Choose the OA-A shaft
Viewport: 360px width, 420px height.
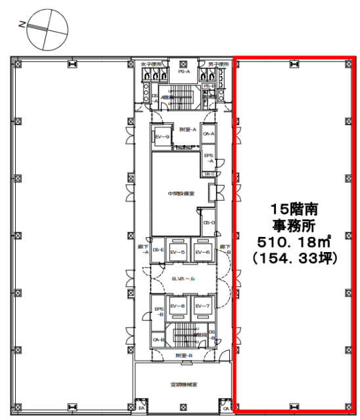coord(209,134)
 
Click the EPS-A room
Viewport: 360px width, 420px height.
coord(210,157)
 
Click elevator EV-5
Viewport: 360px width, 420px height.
coord(177,251)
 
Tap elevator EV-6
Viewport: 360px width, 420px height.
coord(202,251)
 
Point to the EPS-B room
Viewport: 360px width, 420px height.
coord(158,310)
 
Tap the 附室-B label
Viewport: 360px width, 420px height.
coord(185,355)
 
